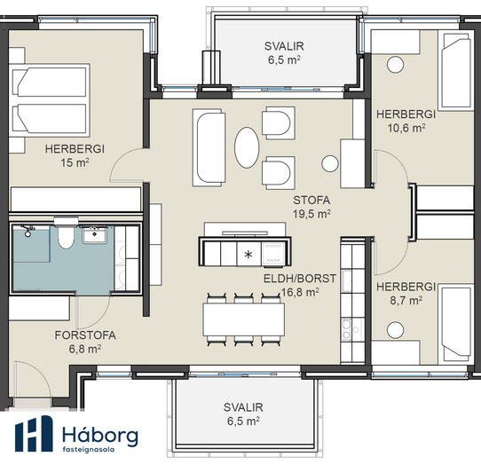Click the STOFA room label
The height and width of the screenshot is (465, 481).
[311, 201]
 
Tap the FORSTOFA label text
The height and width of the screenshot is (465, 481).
[85, 335]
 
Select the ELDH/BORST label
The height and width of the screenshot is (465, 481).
[300, 279]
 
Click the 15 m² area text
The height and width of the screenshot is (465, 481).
[75, 162]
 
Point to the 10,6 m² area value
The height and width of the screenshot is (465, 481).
[406, 128]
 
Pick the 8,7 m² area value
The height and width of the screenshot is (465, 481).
[406, 301]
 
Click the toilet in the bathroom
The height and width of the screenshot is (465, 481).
[66, 234]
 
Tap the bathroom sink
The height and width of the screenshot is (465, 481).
[94, 235]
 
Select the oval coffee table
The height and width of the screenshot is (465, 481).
[247, 147]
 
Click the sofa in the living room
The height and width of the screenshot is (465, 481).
[209, 147]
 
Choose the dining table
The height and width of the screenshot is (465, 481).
[243, 319]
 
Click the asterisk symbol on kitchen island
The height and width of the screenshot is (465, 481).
[248, 255]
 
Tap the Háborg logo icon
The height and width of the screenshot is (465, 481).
[34, 434]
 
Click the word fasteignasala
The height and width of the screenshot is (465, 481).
[89, 449]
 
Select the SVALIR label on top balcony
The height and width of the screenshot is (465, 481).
[284, 46]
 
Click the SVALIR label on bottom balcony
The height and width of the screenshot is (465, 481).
[243, 407]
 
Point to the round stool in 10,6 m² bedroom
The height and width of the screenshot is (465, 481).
[395, 65]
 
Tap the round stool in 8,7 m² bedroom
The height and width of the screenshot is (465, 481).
[395, 330]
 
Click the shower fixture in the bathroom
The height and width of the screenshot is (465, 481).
[28, 231]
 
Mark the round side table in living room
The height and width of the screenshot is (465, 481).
[330, 163]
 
